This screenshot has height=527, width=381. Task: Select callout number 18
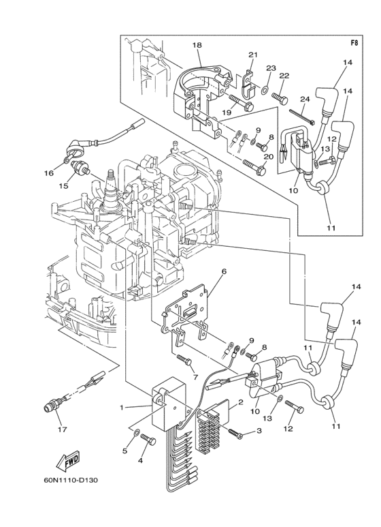tap(197, 45)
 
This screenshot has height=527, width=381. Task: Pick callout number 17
tap(63, 430)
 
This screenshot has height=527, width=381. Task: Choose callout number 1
tap(122, 407)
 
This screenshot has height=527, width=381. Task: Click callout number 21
tap(253, 55)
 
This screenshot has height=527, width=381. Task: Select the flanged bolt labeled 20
tap(254, 167)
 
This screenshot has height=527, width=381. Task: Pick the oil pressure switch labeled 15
tap(80, 167)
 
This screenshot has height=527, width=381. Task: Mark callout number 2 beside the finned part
tap(241, 402)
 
